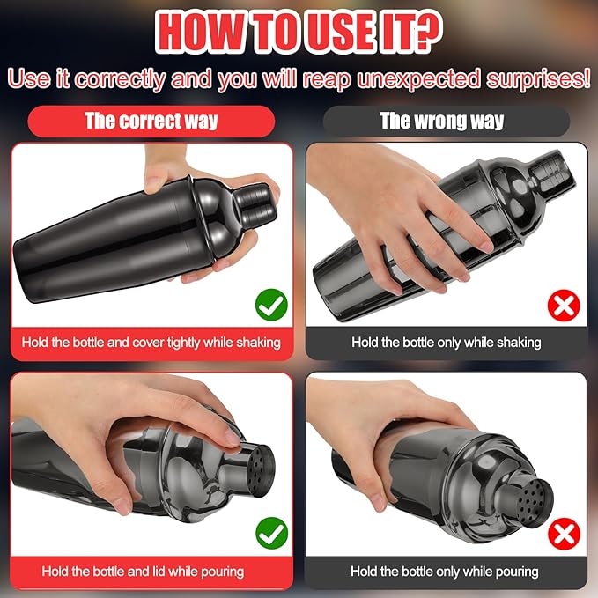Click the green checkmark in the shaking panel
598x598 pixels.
point(271,305)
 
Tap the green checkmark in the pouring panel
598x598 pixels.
point(271,533)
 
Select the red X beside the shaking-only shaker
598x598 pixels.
point(564,306)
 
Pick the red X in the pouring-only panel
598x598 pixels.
point(564,534)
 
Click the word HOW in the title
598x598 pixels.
point(200,32)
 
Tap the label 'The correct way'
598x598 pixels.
point(151,122)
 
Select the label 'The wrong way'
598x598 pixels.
point(442,122)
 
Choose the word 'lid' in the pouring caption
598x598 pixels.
point(159,572)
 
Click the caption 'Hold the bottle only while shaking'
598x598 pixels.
point(447,343)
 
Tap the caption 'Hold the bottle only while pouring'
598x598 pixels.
point(445,572)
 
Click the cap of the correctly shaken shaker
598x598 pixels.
point(255,204)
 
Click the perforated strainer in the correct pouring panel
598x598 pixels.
point(261,471)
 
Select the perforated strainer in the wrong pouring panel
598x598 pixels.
point(533,498)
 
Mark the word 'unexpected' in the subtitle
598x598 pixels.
point(418,79)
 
